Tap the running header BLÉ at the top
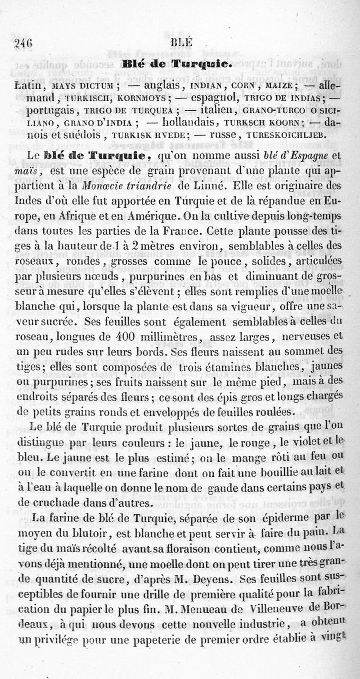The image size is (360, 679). (182, 43)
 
